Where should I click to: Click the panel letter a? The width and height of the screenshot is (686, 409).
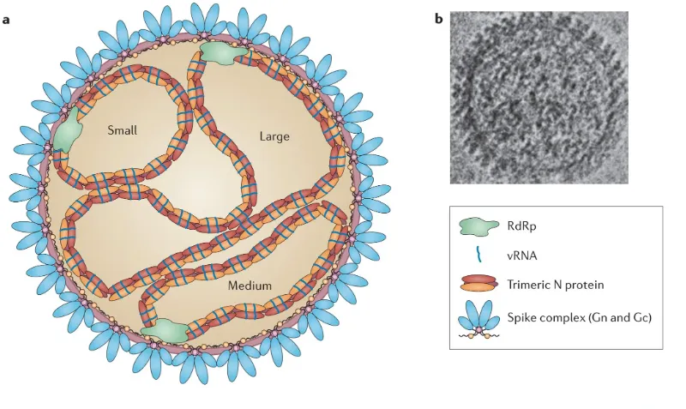6,20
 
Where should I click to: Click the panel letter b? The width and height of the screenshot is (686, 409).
439,19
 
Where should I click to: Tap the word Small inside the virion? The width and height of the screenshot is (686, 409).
122,130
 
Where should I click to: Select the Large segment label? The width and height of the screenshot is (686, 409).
274,136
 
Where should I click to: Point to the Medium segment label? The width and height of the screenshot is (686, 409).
250,286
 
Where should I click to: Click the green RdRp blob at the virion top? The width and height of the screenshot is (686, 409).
222,52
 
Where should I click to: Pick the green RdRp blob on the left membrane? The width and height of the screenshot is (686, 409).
67,131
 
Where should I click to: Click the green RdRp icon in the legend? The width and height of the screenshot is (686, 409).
478,226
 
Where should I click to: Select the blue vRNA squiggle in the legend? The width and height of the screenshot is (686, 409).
479,255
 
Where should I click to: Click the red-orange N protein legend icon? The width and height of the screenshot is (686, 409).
479,284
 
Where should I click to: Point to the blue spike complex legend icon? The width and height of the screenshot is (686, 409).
479,320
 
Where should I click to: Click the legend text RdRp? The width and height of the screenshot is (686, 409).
522,226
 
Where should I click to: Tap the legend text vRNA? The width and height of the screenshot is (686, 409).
522,256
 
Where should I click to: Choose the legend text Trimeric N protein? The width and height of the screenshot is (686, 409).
556,285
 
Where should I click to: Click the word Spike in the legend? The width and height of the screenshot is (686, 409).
521,317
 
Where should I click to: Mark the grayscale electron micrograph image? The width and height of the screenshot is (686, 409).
539,98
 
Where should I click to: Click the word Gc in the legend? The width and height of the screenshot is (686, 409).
641,317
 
